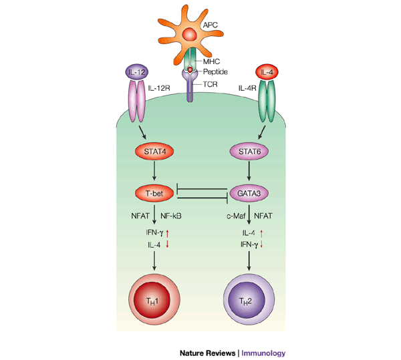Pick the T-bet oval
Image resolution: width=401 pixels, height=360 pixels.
tap(154, 194)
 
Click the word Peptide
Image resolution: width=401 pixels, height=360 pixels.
tap(216, 71)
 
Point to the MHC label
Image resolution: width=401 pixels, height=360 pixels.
tap(211, 61)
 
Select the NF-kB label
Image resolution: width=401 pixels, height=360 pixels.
tap(173, 215)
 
